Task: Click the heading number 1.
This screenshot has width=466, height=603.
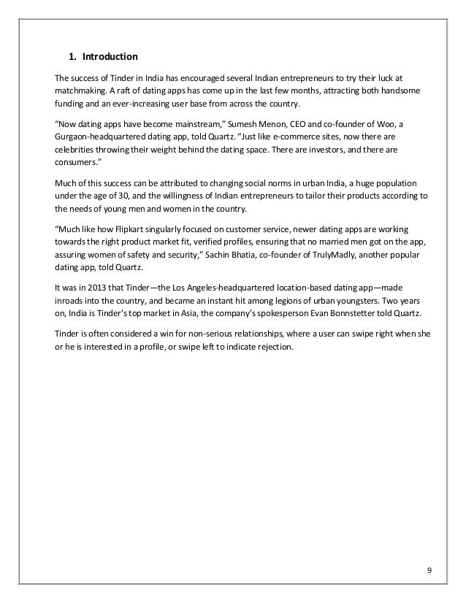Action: pyautogui.click(x=71, y=56)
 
